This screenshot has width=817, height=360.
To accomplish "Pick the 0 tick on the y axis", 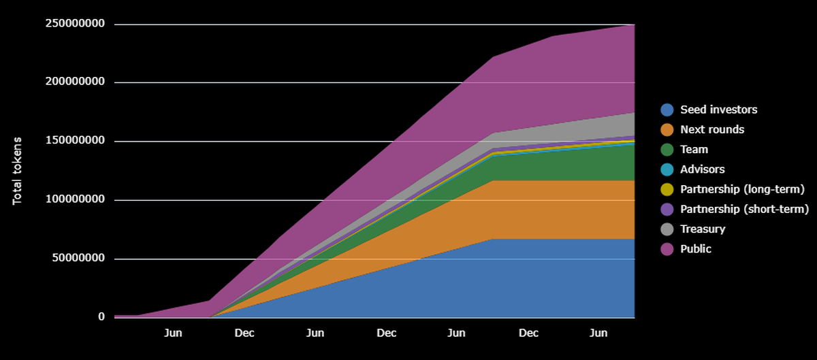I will (101, 317).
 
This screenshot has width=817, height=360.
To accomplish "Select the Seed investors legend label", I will (718, 110).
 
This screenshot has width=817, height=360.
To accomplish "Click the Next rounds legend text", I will (712, 129).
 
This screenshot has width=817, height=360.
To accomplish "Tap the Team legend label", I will (694, 149).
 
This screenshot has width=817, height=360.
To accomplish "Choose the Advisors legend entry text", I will (702, 169).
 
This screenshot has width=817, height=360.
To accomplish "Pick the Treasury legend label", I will (703, 229).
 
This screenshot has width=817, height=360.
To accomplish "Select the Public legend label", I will (696, 249).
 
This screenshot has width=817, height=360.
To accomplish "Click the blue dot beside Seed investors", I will (667, 110).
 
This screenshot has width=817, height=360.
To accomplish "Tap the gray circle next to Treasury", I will (667, 229).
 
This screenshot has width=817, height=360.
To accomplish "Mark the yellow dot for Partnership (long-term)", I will (667, 189).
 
